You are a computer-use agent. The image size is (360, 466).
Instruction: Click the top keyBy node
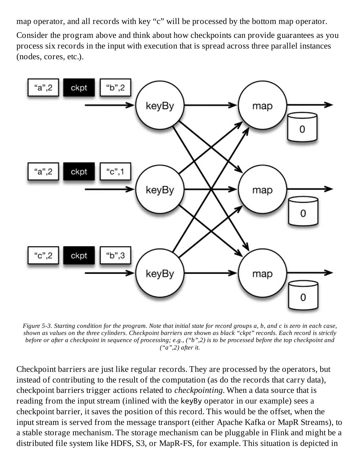160,105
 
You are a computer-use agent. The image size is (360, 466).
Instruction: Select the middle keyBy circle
160,190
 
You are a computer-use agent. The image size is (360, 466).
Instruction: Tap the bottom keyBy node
160,274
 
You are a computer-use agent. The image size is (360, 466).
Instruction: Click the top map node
262,105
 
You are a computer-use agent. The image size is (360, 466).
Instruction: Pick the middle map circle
262,190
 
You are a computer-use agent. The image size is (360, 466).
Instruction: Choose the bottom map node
262,274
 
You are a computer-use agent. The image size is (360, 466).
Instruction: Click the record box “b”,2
115,87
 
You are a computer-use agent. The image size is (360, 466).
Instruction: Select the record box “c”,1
115,172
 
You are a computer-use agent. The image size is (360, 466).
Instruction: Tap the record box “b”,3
115,256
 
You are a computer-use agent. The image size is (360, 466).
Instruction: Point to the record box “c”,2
43,256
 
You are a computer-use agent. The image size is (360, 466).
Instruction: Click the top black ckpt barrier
79,87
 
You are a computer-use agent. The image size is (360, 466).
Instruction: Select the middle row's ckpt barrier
79,172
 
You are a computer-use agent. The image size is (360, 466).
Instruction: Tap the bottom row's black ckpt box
79,256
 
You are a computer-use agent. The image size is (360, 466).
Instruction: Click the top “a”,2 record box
43,87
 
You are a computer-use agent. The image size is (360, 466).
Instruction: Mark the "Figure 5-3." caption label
36,326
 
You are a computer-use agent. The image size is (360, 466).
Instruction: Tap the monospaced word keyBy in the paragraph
191,401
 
